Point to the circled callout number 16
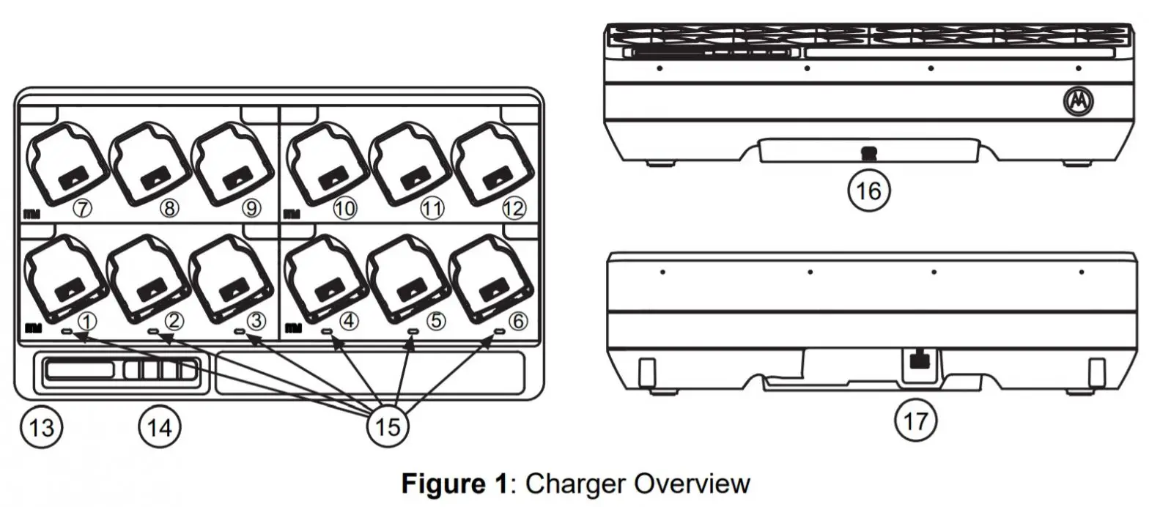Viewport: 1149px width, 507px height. pyautogui.click(x=868, y=190)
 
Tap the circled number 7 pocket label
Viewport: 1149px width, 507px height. pyautogui.click(x=82, y=209)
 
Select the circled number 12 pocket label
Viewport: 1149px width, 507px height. pyautogui.click(x=513, y=209)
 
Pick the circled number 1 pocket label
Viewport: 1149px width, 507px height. pyautogui.click(x=86, y=321)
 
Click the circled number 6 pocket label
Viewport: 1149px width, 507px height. pyautogui.click(x=517, y=321)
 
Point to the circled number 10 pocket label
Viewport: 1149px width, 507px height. pyautogui.click(x=344, y=209)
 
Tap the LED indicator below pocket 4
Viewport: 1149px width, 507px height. pyautogui.click(x=327, y=332)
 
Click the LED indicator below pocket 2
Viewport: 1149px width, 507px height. pyautogui.click(x=155, y=332)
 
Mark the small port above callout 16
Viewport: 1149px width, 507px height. pyautogui.click(x=868, y=153)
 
